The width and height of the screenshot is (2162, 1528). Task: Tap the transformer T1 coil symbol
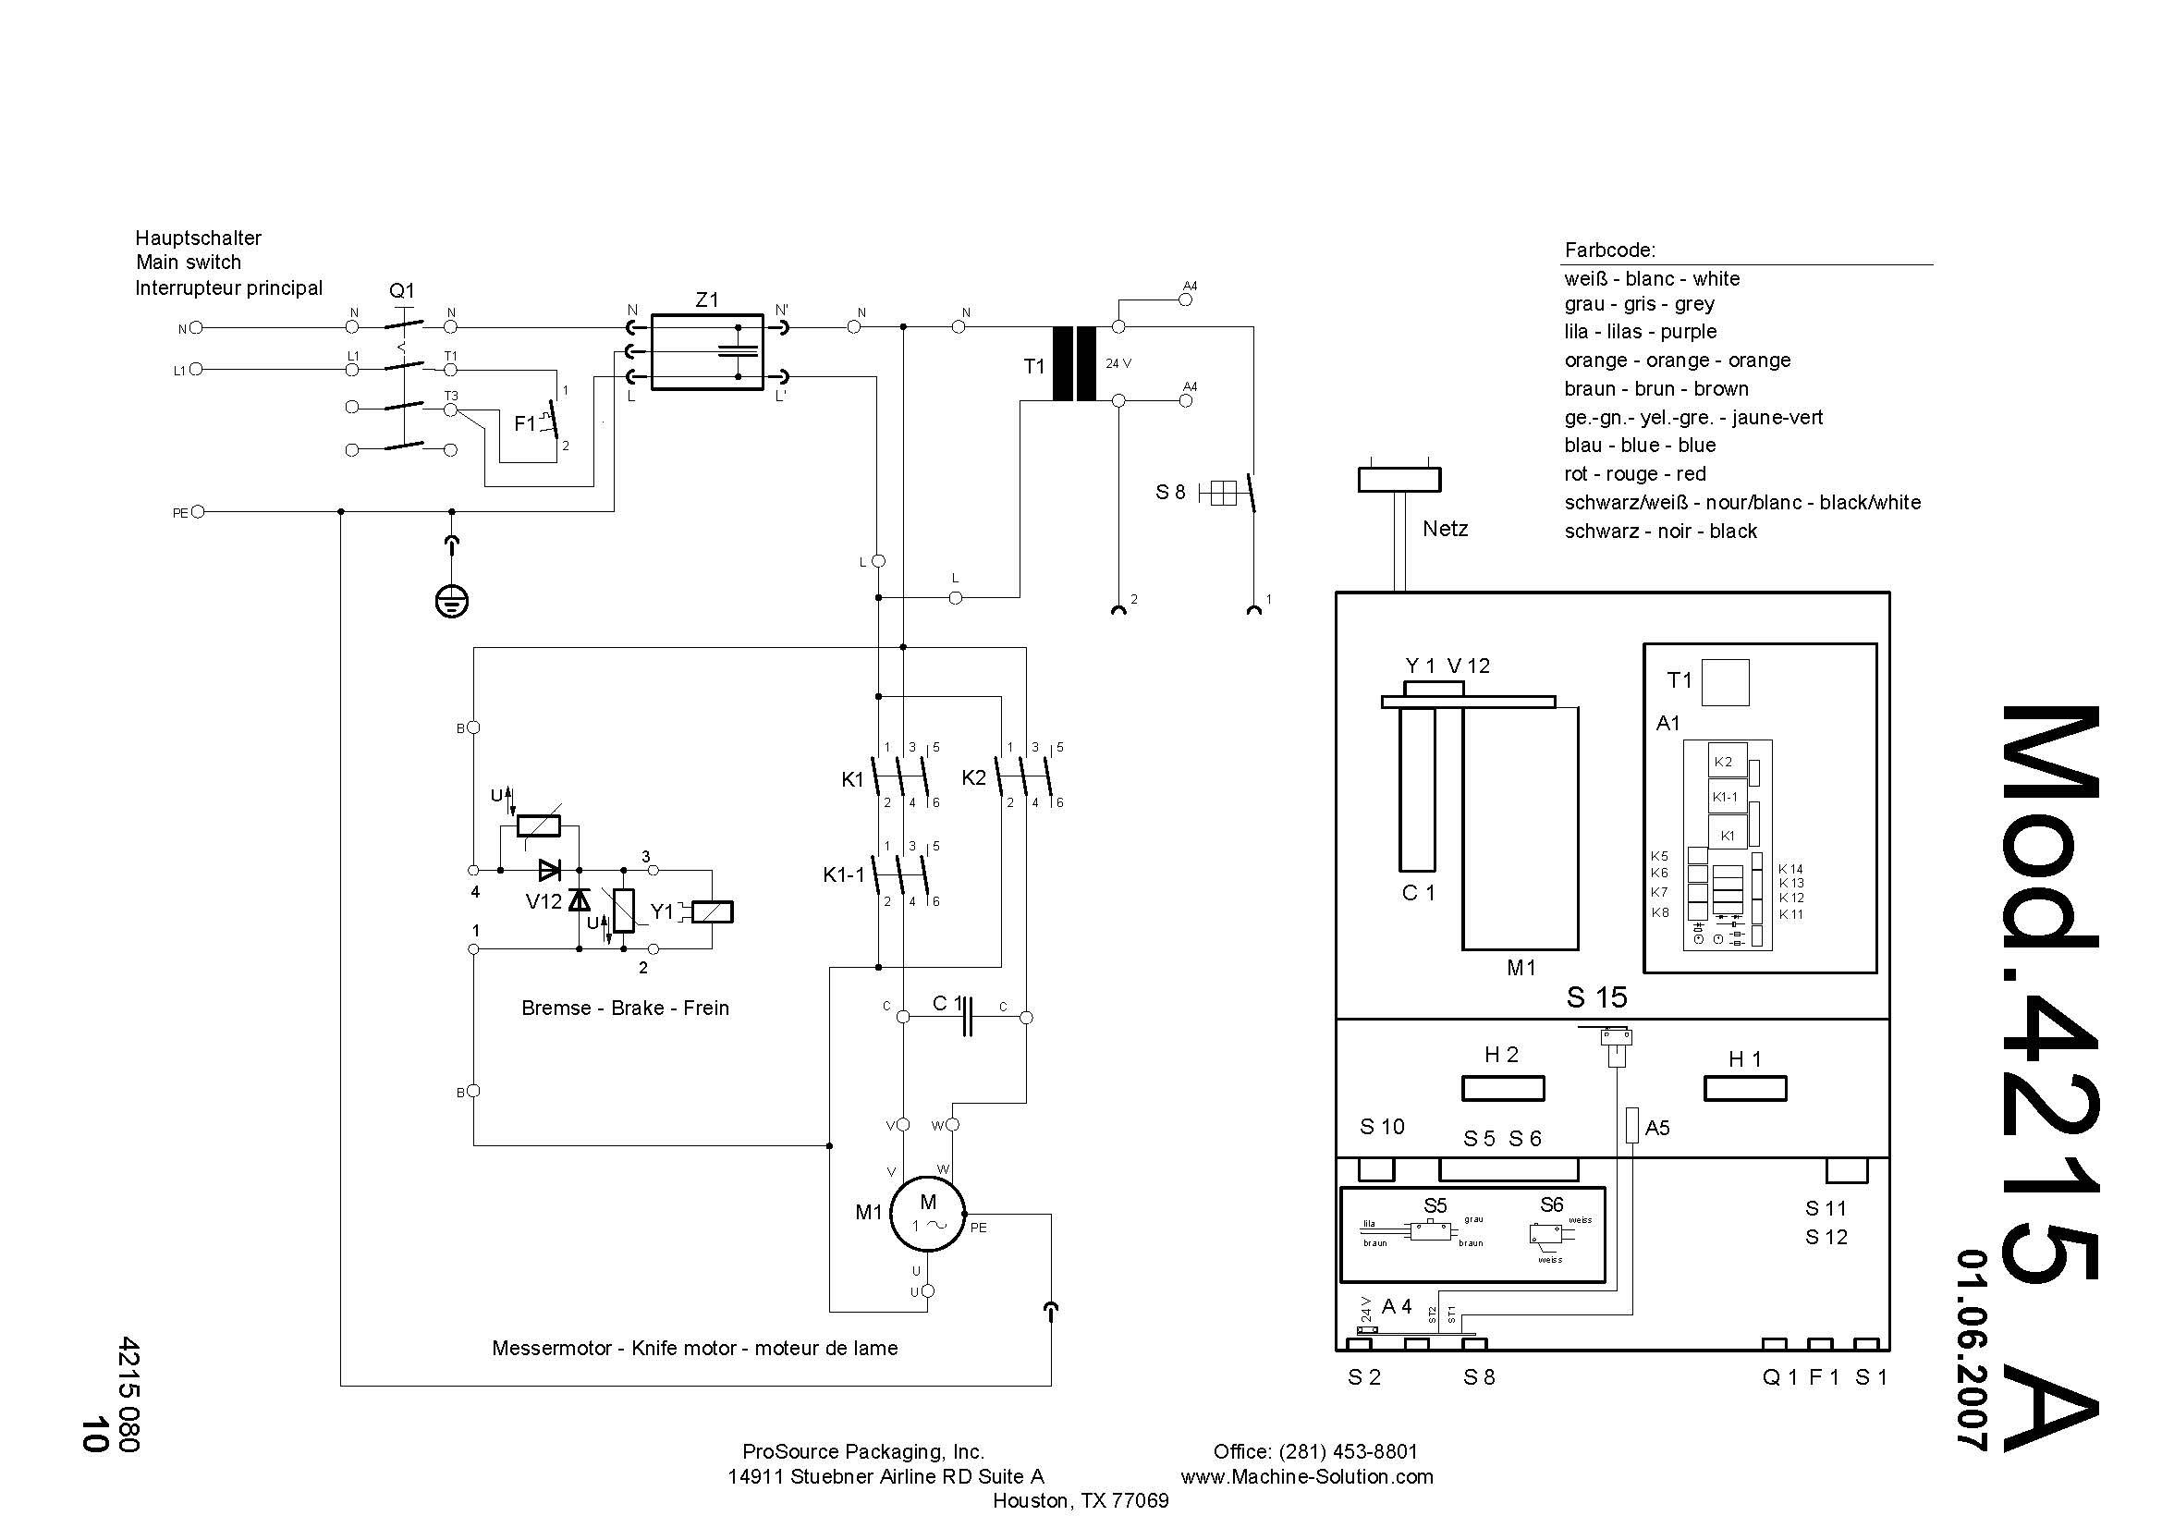(1074, 363)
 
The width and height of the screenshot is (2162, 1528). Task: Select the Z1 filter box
(706, 352)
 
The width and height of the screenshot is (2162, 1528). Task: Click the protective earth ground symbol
(452, 601)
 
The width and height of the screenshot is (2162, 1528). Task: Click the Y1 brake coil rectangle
(712, 911)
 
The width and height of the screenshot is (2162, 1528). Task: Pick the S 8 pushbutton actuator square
(1222, 493)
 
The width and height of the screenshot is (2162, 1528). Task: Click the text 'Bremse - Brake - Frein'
(625, 1008)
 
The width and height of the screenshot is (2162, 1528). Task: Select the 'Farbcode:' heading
(1609, 250)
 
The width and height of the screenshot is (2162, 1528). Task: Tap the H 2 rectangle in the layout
(1503, 1088)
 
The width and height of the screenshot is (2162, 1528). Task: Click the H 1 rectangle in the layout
(1745, 1088)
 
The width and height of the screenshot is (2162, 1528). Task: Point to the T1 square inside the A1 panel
(1726, 682)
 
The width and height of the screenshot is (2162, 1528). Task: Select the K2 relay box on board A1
(1728, 761)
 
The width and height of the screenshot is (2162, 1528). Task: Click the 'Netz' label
(1445, 528)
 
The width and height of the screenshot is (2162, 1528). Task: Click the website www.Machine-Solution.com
(1307, 1476)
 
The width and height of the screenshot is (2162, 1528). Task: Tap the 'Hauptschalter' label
(198, 238)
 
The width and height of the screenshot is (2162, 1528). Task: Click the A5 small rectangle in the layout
(1631, 1125)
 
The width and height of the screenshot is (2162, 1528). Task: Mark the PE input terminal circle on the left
(198, 512)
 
